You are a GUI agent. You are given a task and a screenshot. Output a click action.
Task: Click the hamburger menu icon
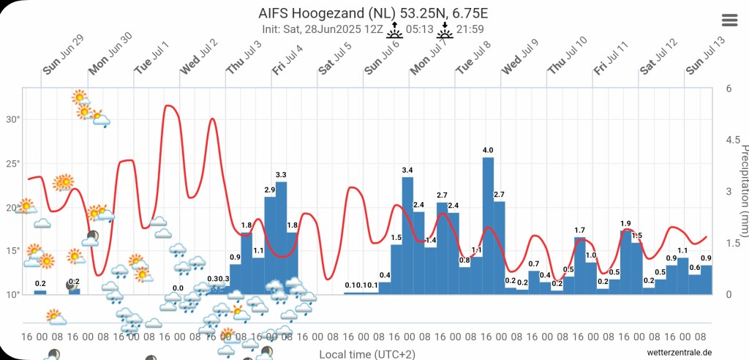click(729, 20)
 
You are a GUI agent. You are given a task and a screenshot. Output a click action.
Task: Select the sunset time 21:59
click(470, 29)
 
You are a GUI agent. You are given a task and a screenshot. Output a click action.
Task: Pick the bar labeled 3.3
click(281, 238)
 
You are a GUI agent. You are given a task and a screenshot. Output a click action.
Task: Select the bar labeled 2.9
click(270, 245)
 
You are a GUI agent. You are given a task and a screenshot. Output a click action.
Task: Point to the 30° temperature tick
click(12, 119)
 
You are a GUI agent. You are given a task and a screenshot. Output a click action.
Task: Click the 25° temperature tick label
click(12, 163)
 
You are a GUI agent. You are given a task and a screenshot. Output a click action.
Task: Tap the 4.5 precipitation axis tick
click(729, 140)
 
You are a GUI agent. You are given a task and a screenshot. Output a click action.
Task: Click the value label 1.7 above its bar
click(580, 230)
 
